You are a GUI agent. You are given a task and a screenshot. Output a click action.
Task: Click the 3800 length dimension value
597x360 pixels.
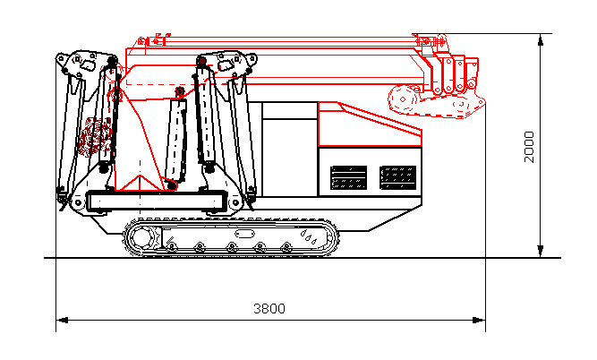coord(269,309)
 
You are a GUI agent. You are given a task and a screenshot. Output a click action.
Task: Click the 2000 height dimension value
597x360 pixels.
coord(529,146)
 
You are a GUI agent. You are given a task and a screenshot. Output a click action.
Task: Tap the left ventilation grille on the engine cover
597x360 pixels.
coord(348,176)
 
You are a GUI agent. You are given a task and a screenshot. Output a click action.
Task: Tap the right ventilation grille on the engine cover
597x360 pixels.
coord(397,176)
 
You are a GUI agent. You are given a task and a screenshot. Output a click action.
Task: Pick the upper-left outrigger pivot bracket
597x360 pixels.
coord(79,64)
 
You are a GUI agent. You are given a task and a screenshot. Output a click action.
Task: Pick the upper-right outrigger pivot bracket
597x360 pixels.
coord(235,62)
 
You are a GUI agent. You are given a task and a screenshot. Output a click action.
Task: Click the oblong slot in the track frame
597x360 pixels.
coord(244,233)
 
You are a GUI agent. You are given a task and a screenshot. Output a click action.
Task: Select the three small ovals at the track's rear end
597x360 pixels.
coord(310,238)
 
